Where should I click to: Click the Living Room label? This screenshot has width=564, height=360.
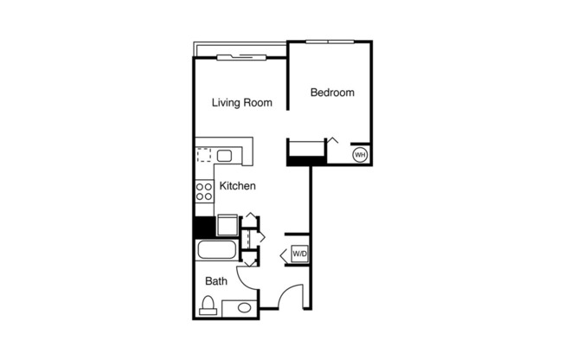tap(242, 103)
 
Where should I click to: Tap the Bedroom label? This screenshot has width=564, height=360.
tap(332, 93)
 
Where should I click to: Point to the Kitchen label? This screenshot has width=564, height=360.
tap(236, 186)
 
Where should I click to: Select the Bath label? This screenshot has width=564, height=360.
tap(215, 281)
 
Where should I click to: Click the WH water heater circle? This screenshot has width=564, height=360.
tap(361, 156)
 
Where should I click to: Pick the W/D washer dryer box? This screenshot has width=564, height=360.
tap(299, 254)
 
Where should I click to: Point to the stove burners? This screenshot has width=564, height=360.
tap(204, 191)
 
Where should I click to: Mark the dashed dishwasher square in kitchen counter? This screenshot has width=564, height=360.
tap(205, 156)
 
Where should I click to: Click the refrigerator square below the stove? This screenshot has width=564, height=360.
tap(228, 224)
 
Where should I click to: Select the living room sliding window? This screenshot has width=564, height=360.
tap(241, 57)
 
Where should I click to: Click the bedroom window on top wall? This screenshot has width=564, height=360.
tap(329, 41)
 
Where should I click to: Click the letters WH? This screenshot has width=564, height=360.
tap(361, 156)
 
